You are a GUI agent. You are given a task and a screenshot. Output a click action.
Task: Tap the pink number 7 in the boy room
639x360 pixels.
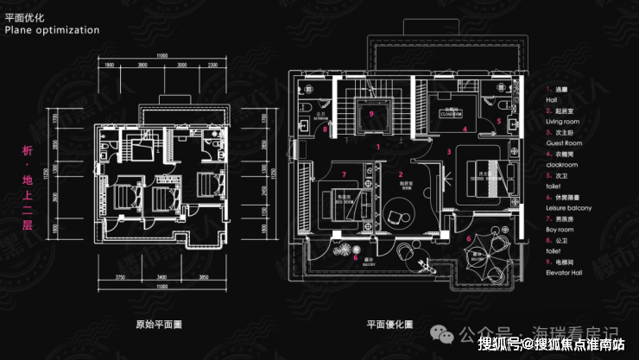[343, 174]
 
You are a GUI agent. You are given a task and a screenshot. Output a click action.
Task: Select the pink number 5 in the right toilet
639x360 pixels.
[498, 122]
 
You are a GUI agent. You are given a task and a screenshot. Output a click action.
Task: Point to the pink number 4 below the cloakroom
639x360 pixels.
[465, 129]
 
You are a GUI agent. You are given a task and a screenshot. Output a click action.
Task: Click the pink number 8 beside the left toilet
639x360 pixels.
[325, 130]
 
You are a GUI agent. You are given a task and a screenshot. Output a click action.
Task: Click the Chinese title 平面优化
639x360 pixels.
[24, 16]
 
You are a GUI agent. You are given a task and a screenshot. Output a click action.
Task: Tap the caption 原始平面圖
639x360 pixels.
[159, 325]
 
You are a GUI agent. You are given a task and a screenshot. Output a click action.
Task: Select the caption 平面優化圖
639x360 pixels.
[389, 325]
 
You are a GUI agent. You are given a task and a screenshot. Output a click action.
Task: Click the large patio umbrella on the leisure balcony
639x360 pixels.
[478, 258]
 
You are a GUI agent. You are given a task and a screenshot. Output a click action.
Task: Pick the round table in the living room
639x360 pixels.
[401, 210]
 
